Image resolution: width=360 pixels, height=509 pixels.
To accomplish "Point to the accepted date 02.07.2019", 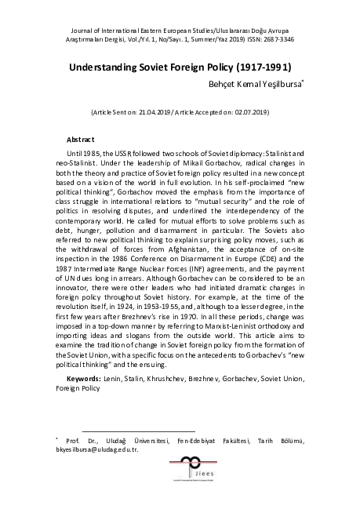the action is coord(249,112).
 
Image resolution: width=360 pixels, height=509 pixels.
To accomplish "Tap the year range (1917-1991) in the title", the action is coord(262,68).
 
